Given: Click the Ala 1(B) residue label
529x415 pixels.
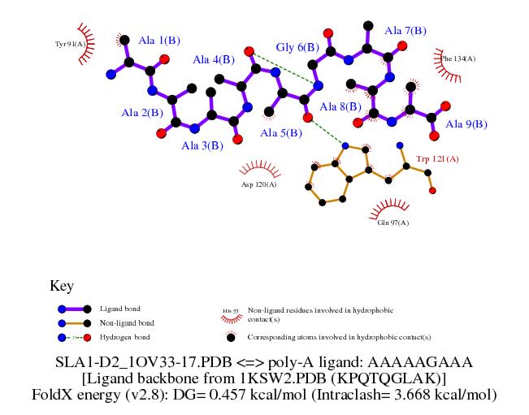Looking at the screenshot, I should tap(159, 40).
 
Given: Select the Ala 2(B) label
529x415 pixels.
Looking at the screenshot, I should tap(142, 112).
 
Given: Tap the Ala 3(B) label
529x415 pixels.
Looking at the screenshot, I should tap(202, 145).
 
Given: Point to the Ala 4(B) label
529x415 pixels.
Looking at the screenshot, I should tap(214, 59).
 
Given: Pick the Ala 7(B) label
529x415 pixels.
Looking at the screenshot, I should tap(405, 31).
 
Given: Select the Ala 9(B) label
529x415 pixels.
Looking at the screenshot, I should tap(466, 124).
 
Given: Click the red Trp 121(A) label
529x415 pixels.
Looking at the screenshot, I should tap(437, 158).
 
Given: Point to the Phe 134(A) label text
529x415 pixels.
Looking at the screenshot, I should tap(458, 58).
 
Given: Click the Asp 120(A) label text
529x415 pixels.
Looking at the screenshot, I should tap(258, 184).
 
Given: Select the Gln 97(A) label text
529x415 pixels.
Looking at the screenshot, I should tap(393, 222).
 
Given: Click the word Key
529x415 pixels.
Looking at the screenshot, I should tap(62, 286).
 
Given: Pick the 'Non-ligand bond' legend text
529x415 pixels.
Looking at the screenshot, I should tap(127, 322).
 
